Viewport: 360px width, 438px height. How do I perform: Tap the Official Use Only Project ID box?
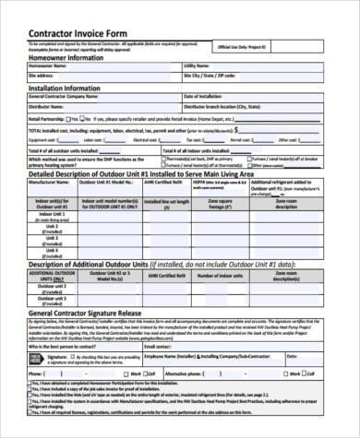(x=278, y=46)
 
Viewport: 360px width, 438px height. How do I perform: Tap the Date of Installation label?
(x=208, y=96)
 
